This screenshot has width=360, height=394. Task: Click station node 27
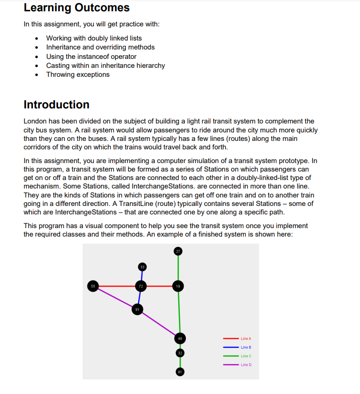pyautogui.click(x=177, y=251)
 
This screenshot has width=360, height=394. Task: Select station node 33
pyautogui.click(x=142, y=267)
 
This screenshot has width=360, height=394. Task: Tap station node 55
pyautogui.click(x=93, y=286)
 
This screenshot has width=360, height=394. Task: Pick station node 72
pyautogui.click(x=141, y=286)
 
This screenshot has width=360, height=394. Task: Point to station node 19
pyautogui.click(x=177, y=286)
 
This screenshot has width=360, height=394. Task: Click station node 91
pyautogui.click(x=137, y=310)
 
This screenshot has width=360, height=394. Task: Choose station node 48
pyautogui.click(x=180, y=338)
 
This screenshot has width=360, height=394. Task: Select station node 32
pyautogui.click(x=180, y=353)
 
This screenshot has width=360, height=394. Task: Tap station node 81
pyautogui.click(x=180, y=372)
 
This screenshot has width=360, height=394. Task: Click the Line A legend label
pyautogui.click(x=246, y=338)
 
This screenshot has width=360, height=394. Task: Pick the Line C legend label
pyautogui.click(x=246, y=356)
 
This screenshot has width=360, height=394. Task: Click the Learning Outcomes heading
pyautogui.click(x=76, y=8)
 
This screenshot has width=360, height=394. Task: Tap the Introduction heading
pyautogui.click(x=56, y=105)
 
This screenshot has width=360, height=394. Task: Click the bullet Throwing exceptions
pyautogui.click(x=78, y=74)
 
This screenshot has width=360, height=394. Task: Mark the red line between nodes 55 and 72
pyautogui.click(x=117, y=286)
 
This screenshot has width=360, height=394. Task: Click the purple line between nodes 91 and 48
pyautogui.click(x=159, y=324)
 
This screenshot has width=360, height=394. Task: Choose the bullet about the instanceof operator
pyautogui.click(x=91, y=57)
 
